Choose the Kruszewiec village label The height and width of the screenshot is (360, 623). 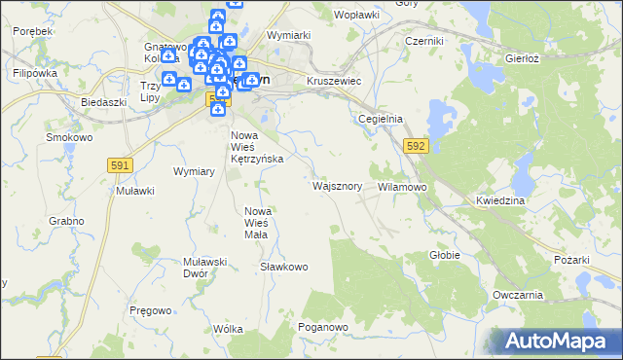click(334, 81)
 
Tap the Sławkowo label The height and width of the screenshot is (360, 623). click(284, 266)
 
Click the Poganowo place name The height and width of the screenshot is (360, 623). click(323, 327)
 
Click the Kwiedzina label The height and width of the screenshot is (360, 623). click(501, 199)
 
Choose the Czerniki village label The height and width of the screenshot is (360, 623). click(424, 41)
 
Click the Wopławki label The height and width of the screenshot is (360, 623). click(356, 16)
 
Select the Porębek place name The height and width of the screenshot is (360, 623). click(32, 31)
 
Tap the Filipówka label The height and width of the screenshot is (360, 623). click(37, 73)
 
